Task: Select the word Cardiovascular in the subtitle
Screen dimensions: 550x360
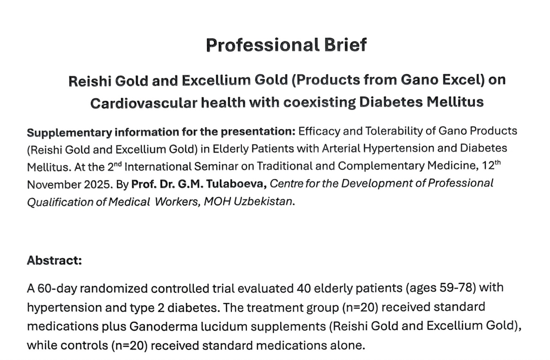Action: [x=144, y=103]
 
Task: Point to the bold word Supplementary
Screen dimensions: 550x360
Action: [x=70, y=133]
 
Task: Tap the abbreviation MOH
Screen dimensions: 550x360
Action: [x=217, y=202]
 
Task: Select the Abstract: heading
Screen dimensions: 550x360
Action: [x=54, y=260]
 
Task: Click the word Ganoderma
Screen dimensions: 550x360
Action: [x=164, y=327]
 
